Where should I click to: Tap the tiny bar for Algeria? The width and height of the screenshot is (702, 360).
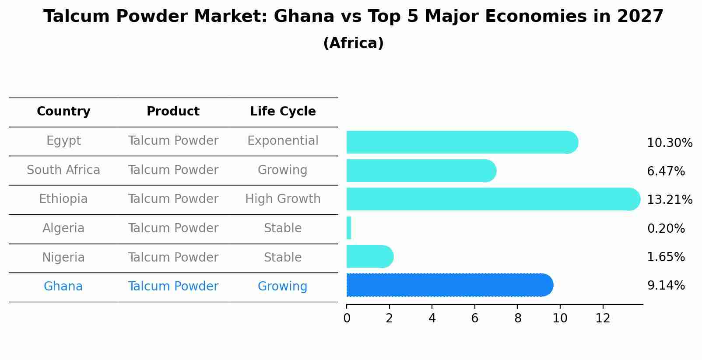point(349,228)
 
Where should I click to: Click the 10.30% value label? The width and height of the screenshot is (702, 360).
point(669,143)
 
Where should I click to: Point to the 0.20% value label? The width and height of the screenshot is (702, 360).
point(666,228)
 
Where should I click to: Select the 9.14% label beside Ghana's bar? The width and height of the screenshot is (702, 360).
point(666,286)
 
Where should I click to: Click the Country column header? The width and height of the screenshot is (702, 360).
point(63,112)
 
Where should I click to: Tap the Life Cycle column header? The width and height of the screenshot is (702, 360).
point(283,112)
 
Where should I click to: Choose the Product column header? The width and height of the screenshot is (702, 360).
point(173,112)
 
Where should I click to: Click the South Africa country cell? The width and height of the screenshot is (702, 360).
point(63,170)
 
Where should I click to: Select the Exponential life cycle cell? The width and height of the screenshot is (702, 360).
point(283,141)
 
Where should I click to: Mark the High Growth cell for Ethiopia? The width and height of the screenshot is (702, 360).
point(283,199)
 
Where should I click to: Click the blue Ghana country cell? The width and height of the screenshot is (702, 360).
point(63,287)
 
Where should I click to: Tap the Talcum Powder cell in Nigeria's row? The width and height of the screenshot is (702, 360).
point(173,258)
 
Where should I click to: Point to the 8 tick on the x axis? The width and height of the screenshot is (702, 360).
point(518,318)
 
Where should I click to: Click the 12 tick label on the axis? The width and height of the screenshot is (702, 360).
point(603,318)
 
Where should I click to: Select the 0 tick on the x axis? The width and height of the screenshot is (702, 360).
point(347,318)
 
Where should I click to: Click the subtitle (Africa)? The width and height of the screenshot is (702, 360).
point(353,43)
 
